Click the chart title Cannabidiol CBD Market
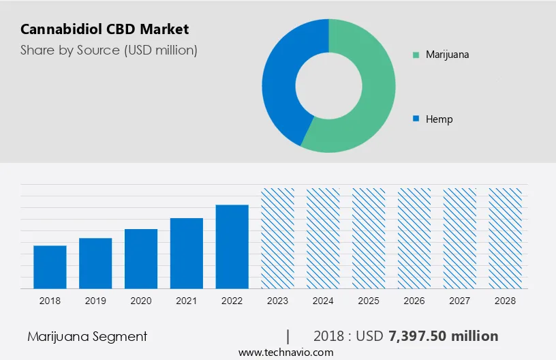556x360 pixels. click(105, 29)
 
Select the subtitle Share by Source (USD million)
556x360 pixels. click(109, 50)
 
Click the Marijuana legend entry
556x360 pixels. click(446, 55)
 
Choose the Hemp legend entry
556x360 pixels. click(439, 119)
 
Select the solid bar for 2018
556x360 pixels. click(50, 267)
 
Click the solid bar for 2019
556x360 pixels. click(95, 263)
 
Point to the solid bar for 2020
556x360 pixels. click(141, 258)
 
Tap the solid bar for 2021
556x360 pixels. click(187, 253)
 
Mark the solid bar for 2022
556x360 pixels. click(232, 246)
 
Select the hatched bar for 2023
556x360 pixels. click(278, 238)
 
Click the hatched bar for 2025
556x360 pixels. click(369, 238)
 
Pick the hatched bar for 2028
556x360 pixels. click(506, 238)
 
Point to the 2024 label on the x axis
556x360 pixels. click(323, 301)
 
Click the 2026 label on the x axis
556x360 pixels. click(414, 301)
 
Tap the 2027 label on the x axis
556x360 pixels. click(460, 301)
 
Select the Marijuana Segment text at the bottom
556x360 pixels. click(87, 336)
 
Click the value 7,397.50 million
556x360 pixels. click(443, 336)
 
